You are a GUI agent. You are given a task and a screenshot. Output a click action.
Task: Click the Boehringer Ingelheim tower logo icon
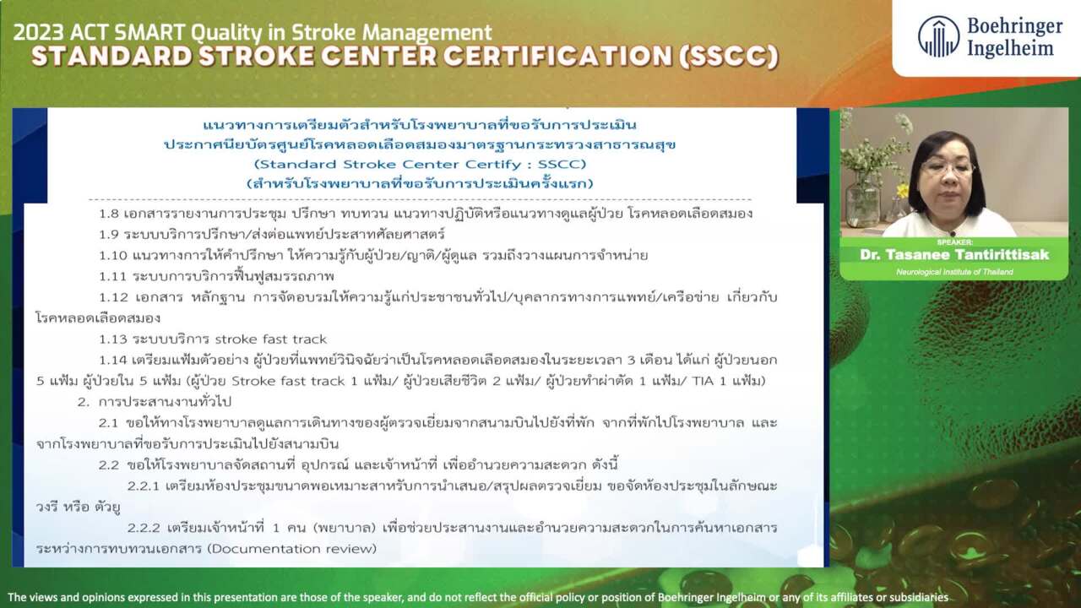pos(938,37)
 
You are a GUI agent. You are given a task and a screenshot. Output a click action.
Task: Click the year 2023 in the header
pos(38,33)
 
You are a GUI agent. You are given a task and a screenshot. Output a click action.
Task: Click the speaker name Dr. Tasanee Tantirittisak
pos(954,255)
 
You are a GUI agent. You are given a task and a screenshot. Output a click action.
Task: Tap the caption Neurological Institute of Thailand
pos(954,272)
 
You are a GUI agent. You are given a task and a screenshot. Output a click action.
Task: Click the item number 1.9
pos(109,235)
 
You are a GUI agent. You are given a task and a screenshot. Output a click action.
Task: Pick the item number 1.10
pos(113,255)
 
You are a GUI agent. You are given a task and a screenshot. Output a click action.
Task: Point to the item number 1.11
pos(112,276)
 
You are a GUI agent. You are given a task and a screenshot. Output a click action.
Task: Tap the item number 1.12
pos(113,297)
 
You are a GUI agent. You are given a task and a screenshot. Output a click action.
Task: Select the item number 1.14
pos(113,361)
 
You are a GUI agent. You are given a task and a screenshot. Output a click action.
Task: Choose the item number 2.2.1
pos(144,486)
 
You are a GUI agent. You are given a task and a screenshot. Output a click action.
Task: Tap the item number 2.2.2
pos(144,528)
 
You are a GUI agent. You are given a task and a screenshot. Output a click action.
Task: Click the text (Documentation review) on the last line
pos(292,549)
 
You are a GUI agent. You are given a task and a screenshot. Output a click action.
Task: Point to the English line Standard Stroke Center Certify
pos(420,165)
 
